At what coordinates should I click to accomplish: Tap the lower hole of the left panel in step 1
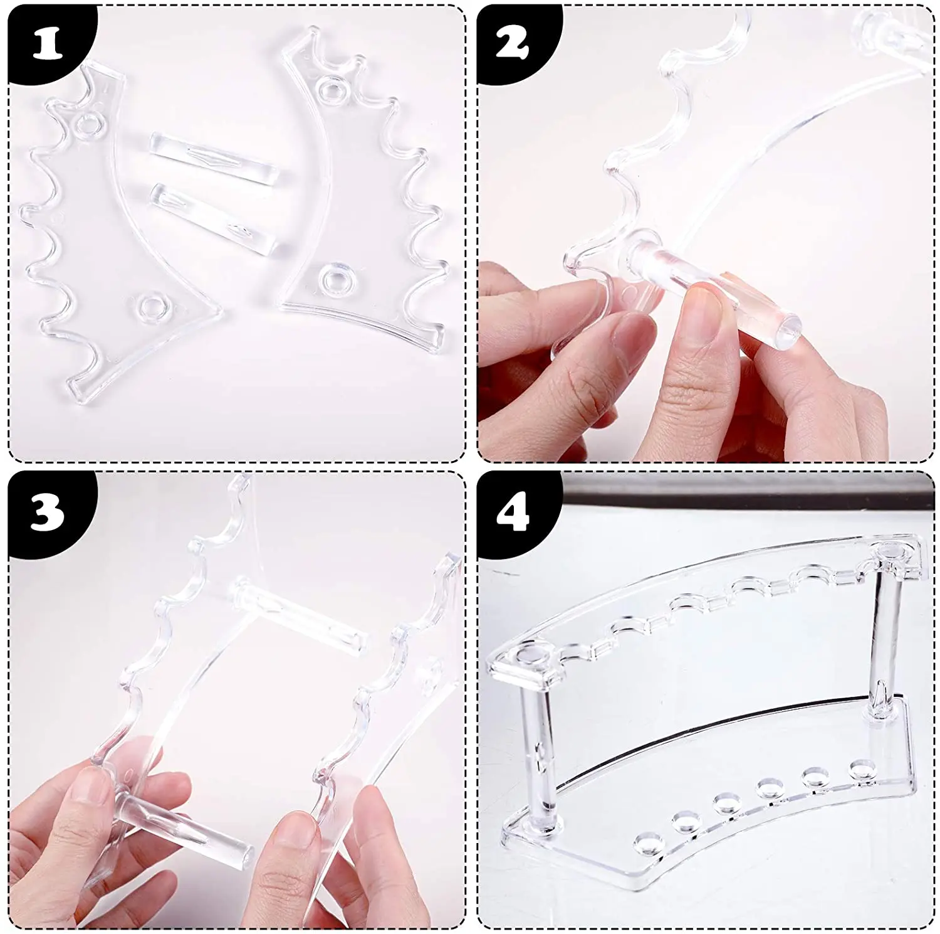[x=151, y=307]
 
